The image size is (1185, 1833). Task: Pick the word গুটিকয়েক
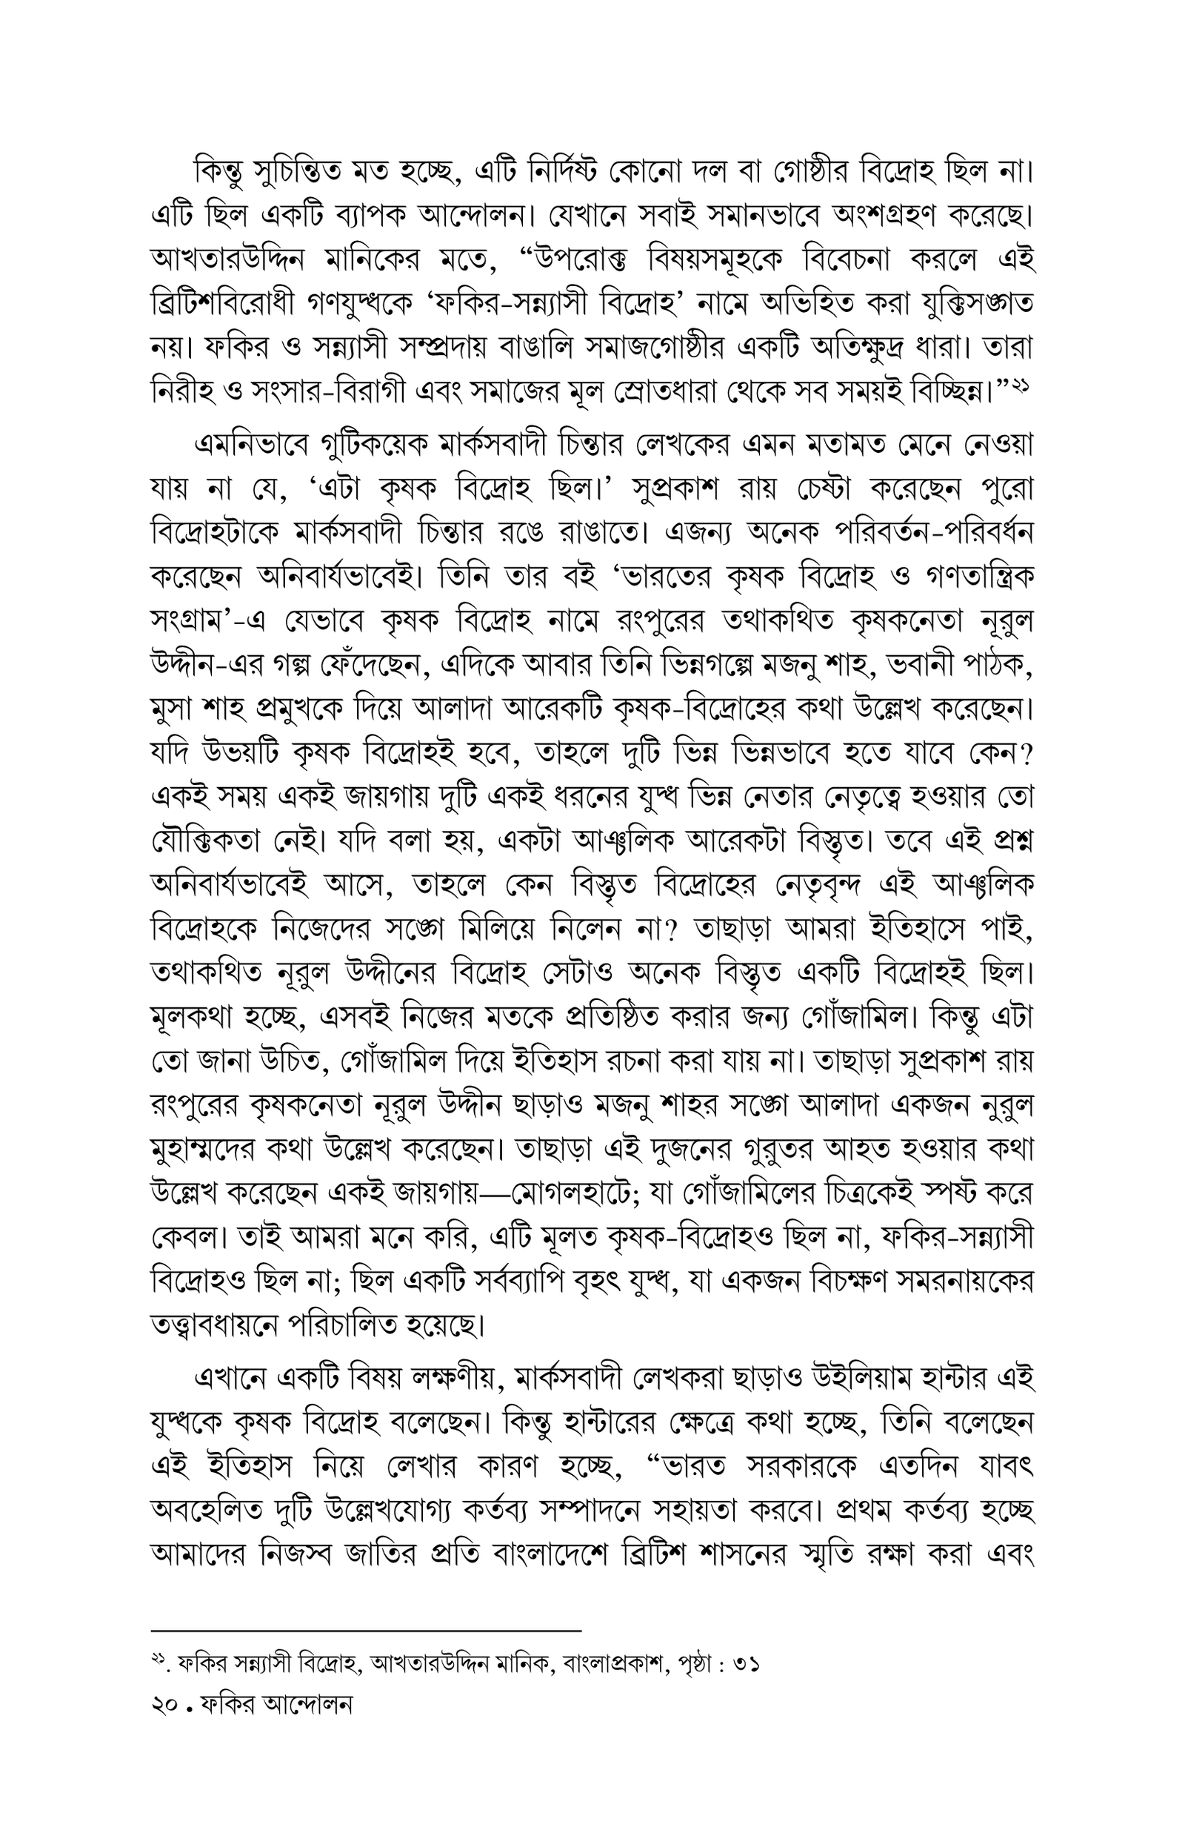pyautogui.click(x=361, y=445)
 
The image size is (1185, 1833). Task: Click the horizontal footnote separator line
pyautogui.click(x=367, y=1630)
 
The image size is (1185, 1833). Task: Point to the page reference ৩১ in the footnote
pyautogui.click(x=747, y=1665)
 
